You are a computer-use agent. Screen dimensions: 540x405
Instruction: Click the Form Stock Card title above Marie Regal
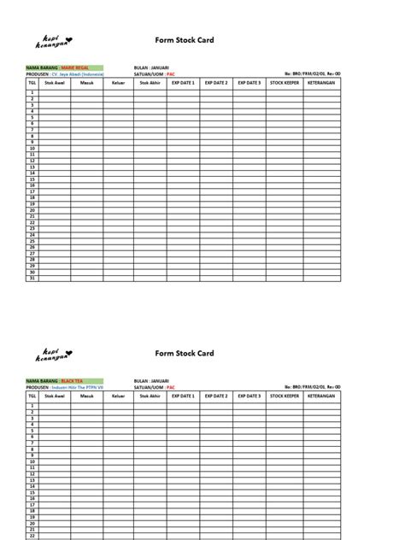click(x=184, y=40)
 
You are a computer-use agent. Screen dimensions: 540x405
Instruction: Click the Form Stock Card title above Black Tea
click(x=184, y=353)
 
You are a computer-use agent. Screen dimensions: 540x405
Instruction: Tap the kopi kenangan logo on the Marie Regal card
click(x=56, y=41)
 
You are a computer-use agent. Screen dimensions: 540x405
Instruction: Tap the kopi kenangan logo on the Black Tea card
click(x=56, y=354)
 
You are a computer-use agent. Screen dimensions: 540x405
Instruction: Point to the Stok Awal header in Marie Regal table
click(x=54, y=83)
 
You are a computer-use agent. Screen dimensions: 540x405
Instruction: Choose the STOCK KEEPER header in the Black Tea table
click(x=284, y=396)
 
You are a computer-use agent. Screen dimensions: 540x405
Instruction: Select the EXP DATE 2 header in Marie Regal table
click(x=216, y=83)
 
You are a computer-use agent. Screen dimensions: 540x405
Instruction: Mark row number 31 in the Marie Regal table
click(x=32, y=279)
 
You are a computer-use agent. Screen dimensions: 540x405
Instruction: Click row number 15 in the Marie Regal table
click(x=32, y=179)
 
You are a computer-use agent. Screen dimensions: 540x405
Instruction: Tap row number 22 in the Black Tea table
click(x=32, y=536)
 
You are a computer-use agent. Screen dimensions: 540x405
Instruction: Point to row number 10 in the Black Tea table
click(x=32, y=461)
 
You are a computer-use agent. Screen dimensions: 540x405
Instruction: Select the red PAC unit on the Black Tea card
click(x=169, y=387)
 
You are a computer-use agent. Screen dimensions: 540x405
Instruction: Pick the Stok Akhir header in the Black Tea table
click(x=150, y=396)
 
